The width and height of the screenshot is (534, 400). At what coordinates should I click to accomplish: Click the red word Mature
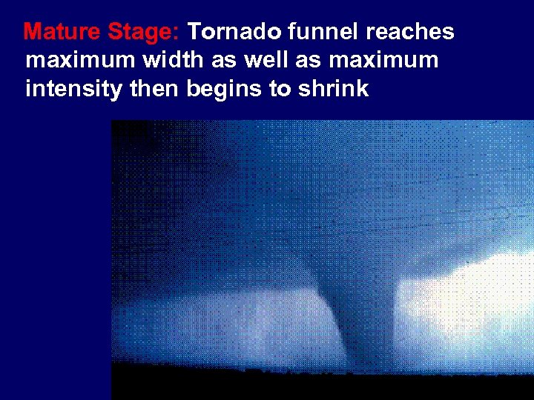coord(62,33)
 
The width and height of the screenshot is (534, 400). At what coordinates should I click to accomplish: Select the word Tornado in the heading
coord(234,33)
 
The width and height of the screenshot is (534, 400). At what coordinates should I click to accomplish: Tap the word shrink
coord(334,90)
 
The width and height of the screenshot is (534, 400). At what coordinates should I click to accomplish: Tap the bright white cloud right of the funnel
coord(475,296)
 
